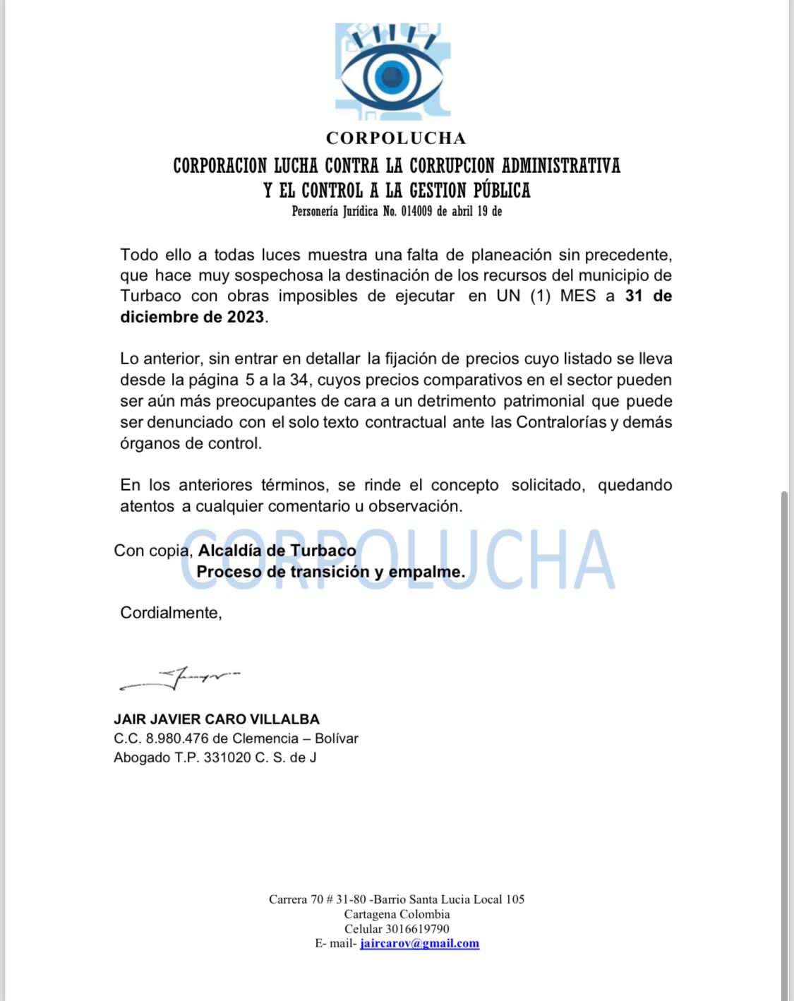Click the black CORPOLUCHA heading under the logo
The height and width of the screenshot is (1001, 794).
point(396,138)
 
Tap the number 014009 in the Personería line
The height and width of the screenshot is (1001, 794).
point(416,211)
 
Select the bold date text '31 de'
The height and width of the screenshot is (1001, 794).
point(648,296)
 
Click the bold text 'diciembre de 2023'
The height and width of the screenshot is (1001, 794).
point(192,317)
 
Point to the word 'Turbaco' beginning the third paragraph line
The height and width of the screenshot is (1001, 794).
point(150,296)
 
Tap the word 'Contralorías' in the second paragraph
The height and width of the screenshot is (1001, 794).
point(561,422)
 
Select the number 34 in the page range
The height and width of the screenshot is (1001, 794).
point(299,380)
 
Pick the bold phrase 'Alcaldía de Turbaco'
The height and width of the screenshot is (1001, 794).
point(277,551)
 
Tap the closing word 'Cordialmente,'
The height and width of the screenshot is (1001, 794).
point(171,613)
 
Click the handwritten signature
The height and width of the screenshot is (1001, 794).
point(180,679)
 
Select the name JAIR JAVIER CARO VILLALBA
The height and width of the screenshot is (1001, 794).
point(217,719)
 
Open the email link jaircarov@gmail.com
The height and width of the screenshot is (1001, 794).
point(419,944)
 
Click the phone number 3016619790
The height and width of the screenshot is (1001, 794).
point(417,929)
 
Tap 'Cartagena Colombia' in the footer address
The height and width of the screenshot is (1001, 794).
point(397,914)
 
